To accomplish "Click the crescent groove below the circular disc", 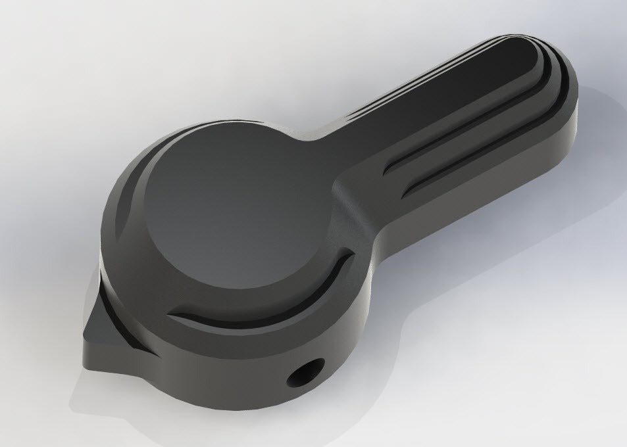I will [276, 299].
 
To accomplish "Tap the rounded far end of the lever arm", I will [553, 72].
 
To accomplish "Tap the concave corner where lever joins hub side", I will [368, 263].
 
